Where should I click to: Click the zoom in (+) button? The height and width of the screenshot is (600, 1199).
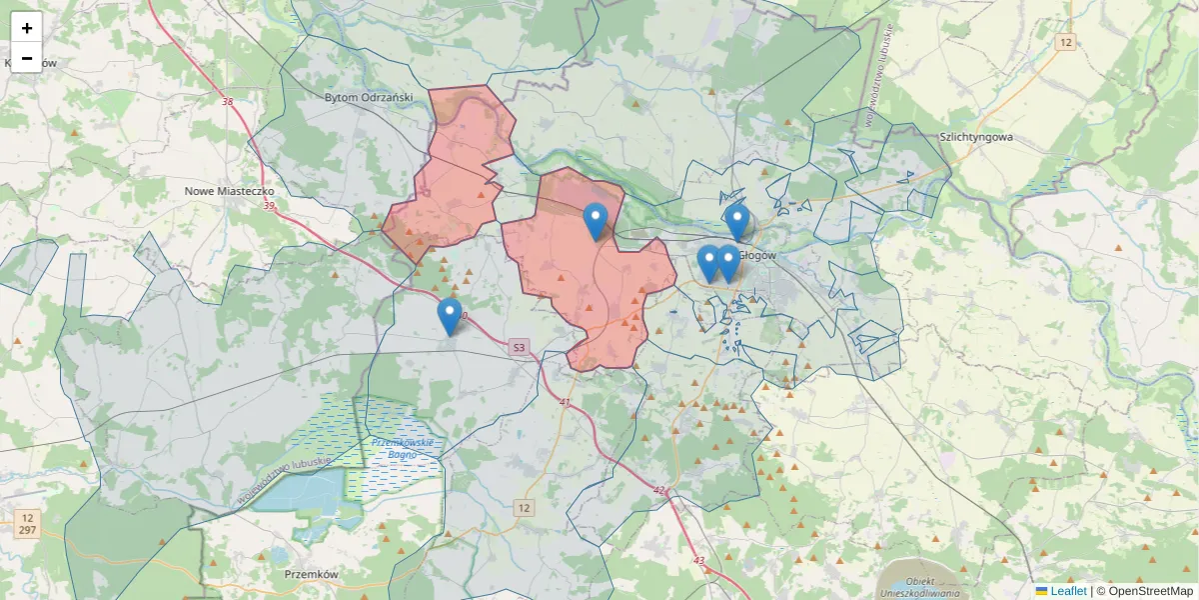click(x=27, y=28)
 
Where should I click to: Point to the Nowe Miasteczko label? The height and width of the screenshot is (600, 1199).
click(x=230, y=190)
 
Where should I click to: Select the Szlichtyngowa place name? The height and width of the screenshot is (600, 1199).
click(x=976, y=137)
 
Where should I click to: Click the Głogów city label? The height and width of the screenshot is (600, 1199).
click(x=761, y=255)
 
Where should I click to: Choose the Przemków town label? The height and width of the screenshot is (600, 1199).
click(x=312, y=575)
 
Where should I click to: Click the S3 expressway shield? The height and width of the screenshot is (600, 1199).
click(x=518, y=348)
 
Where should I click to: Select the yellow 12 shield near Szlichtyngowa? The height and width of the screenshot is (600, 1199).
click(x=1067, y=42)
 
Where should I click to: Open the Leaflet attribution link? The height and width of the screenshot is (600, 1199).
click(x=1067, y=591)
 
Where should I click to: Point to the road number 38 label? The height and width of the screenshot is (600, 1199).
click(x=228, y=102)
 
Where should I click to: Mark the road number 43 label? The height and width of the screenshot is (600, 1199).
click(x=698, y=560)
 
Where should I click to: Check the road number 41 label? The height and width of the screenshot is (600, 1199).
click(x=565, y=402)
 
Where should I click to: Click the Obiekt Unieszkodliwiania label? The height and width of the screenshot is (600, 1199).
click(x=919, y=587)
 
